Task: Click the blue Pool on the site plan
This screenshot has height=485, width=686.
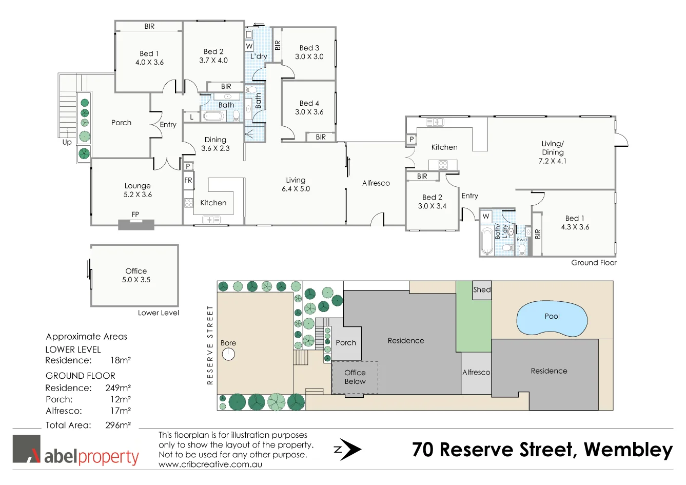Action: tap(552, 318)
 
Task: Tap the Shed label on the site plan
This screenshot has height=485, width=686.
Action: tap(482, 290)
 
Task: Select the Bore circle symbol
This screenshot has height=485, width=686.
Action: tap(228, 354)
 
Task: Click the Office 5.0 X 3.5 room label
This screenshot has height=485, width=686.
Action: tap(136, 276)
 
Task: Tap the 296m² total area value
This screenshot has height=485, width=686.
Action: tap(118, 425)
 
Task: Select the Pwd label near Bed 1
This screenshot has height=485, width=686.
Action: tap(522, 240)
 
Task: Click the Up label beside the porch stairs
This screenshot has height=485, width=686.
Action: tap(67, 142)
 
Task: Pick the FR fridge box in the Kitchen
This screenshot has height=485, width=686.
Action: tap(188, 180)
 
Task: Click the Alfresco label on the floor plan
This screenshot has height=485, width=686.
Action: tap(376, 183)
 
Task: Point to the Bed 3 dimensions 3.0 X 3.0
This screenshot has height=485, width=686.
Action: tap(309, 57)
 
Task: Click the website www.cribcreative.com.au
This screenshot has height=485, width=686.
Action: tap(210, 464)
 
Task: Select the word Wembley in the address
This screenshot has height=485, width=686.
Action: tap(628, 450)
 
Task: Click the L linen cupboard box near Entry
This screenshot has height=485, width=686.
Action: tap(191, 117)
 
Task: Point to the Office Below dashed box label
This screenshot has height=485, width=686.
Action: tap(355, 377)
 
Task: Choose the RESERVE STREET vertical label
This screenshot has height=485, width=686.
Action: tap(210, 345)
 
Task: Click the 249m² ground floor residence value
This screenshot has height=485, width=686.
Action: tap(118, 388)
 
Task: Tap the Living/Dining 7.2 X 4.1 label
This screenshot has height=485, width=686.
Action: tap(553, 152)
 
